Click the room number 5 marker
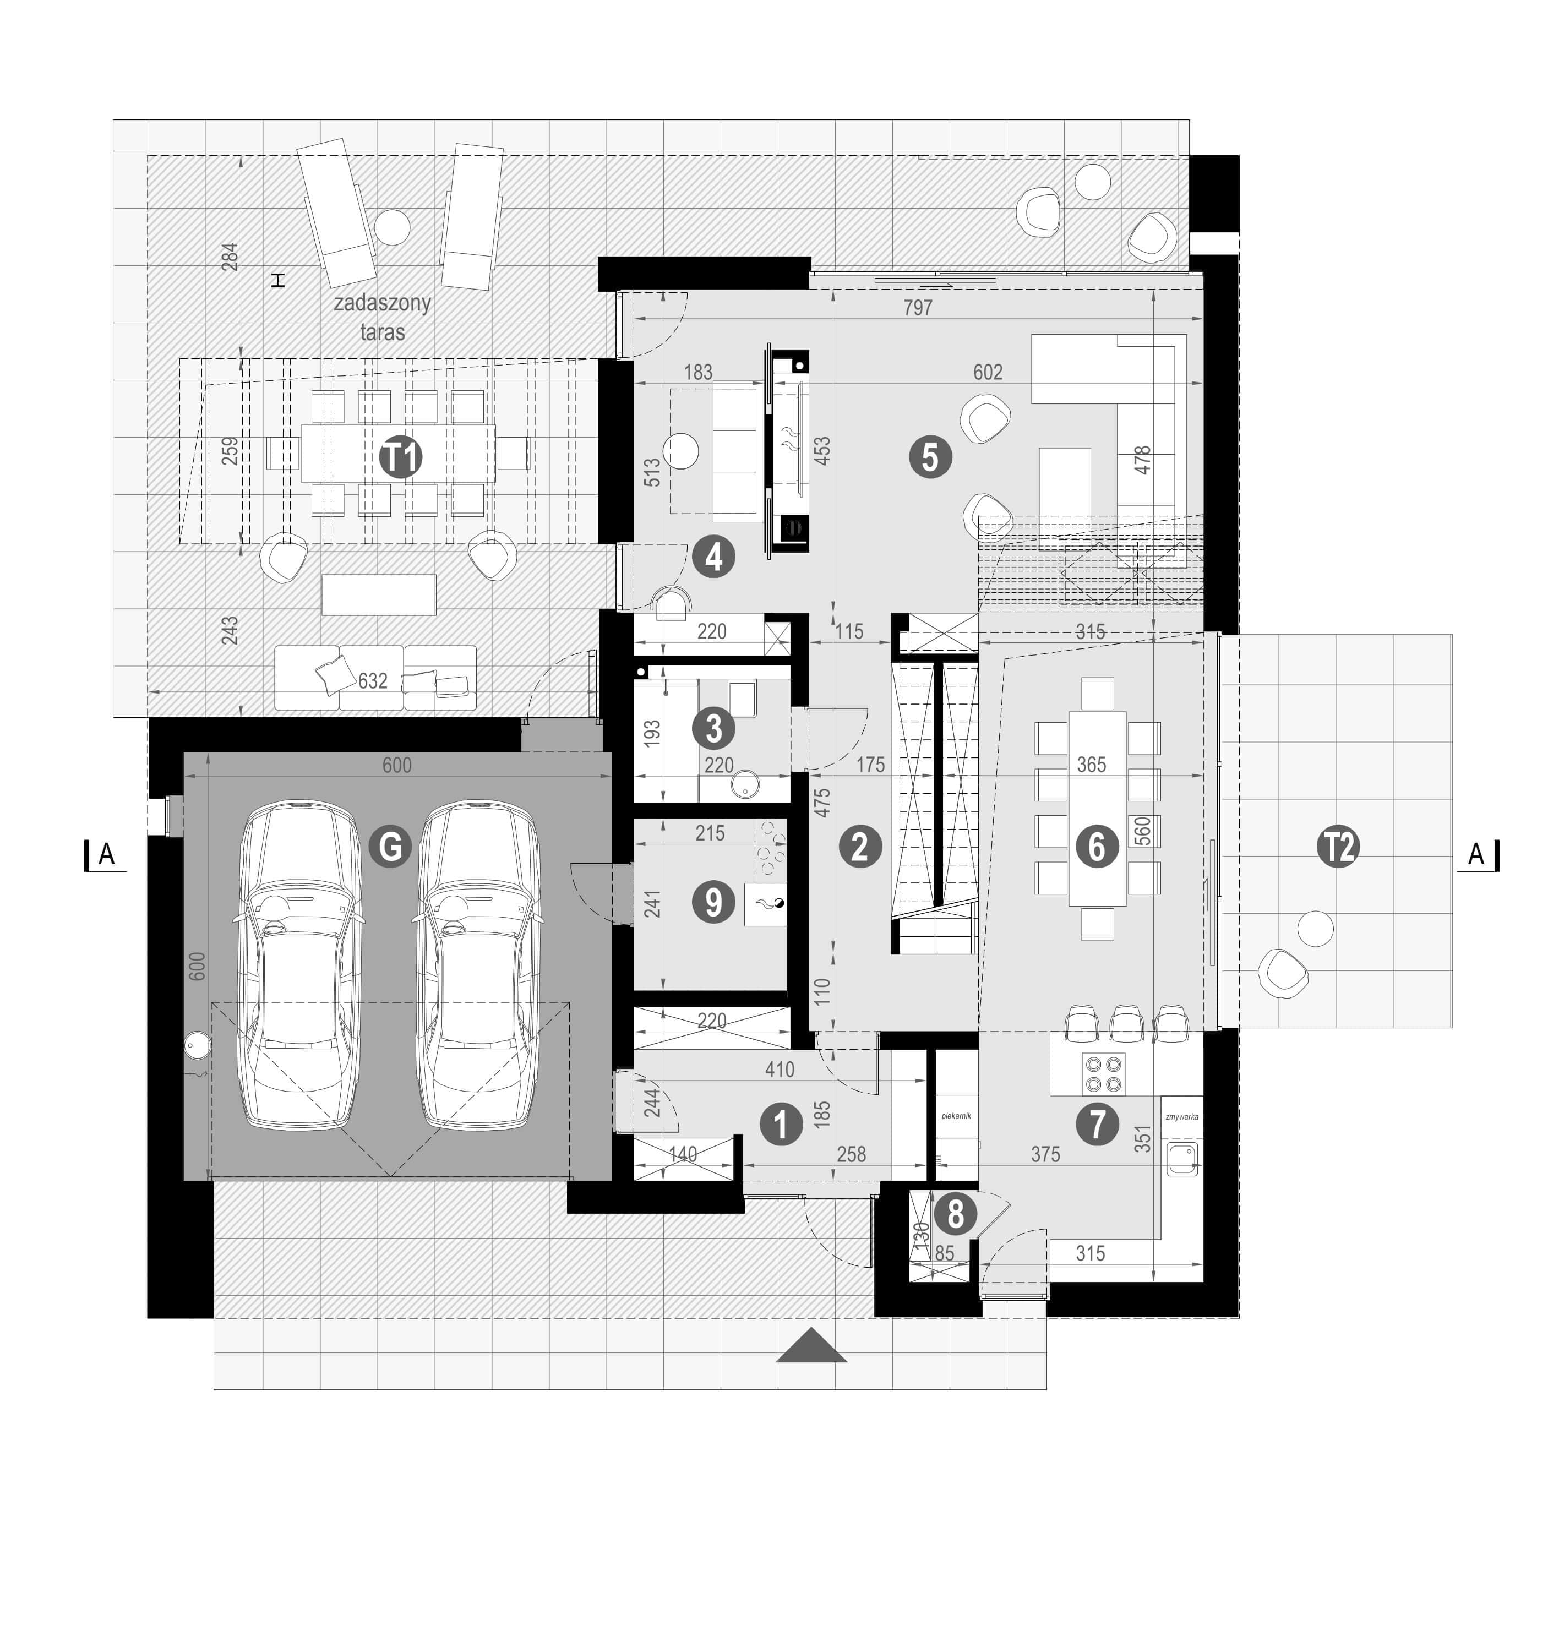point(930,457)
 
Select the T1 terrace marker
point(401,457)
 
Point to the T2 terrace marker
point(1339,847)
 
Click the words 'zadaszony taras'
point(383,317)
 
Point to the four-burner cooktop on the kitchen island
point(1103,1074)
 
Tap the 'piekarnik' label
point(956,1116)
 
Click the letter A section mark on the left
point(106,855)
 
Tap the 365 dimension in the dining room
point(1091,764)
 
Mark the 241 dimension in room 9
point(652,903)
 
